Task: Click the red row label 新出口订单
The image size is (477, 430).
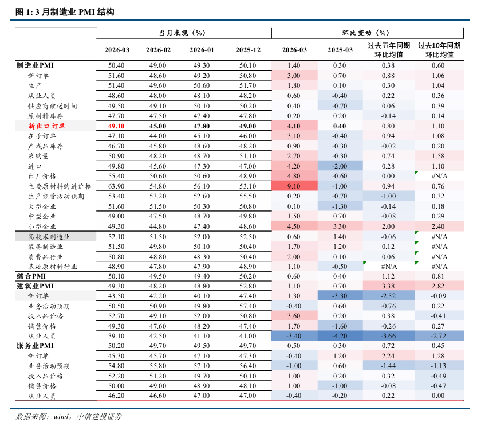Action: coord(46,126)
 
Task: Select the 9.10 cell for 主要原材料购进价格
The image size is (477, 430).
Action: coord(294,186)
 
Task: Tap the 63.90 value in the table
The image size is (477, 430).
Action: coord(117,186)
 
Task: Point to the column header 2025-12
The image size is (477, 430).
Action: coord(248,50)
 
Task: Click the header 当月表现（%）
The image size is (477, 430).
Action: coord(182,33)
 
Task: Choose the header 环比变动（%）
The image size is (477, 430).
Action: coord(369,33)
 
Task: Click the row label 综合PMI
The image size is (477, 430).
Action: coord(31,276)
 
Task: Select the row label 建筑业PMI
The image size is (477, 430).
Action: coord(34,286)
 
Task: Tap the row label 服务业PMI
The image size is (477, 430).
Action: coord(34,346)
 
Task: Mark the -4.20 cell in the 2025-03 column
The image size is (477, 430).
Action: coord(340,336)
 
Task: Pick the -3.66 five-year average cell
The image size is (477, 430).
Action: coord(389,336)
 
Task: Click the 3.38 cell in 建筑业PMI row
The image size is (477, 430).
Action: coord(389,286)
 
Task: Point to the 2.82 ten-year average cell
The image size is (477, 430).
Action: coord(439,286)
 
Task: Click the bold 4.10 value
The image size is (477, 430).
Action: coord(294,126)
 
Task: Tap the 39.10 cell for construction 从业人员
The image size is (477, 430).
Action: coord(117,336)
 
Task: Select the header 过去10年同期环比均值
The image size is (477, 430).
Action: coord(439,50)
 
